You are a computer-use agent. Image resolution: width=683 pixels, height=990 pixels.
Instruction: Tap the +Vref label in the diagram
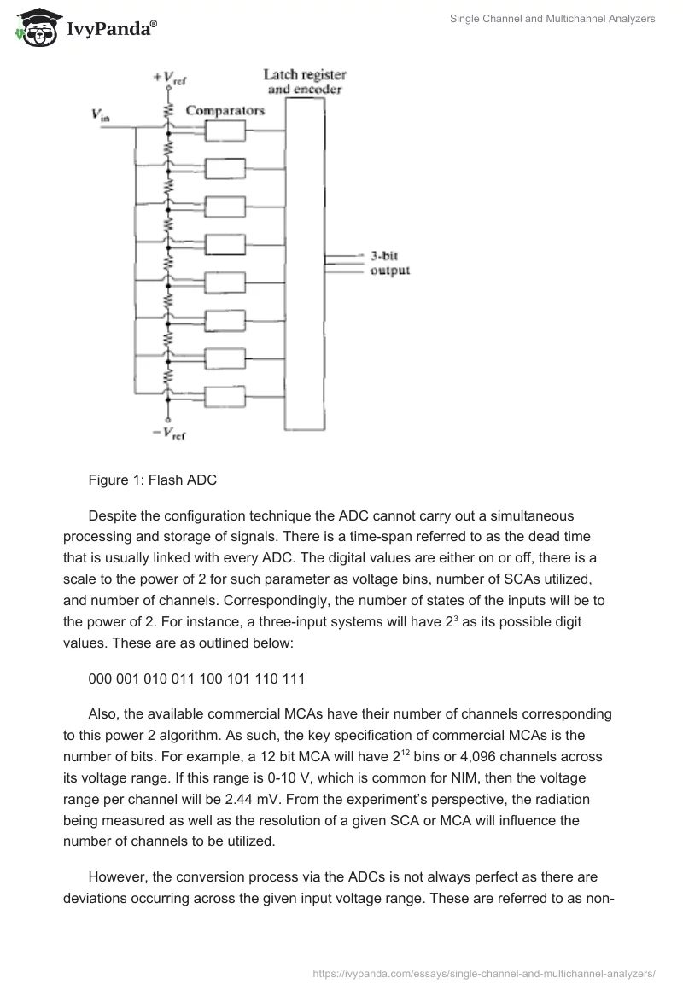169,79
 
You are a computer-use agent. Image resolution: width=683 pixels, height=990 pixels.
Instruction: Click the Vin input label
100,114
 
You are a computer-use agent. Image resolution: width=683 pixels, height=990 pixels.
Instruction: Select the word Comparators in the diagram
225,110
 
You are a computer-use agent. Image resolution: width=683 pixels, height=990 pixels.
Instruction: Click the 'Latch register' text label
305,75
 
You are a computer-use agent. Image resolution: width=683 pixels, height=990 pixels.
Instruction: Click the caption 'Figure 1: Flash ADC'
153,480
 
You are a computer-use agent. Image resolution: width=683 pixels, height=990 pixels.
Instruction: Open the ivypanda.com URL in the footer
484,972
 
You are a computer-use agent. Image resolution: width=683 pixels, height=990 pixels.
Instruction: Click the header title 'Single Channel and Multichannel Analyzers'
552,19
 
